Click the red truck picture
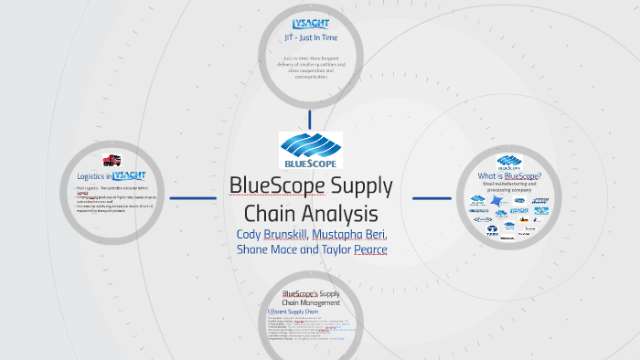click(113, 161)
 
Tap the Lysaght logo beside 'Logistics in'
click(129, 175)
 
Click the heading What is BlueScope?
click(509, 176)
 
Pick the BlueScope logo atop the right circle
click(509, 162)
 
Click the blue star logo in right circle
click(496, 200)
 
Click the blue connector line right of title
click(432, 197)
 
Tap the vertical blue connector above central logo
click(310, 119)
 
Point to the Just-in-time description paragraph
click(310, 69)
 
